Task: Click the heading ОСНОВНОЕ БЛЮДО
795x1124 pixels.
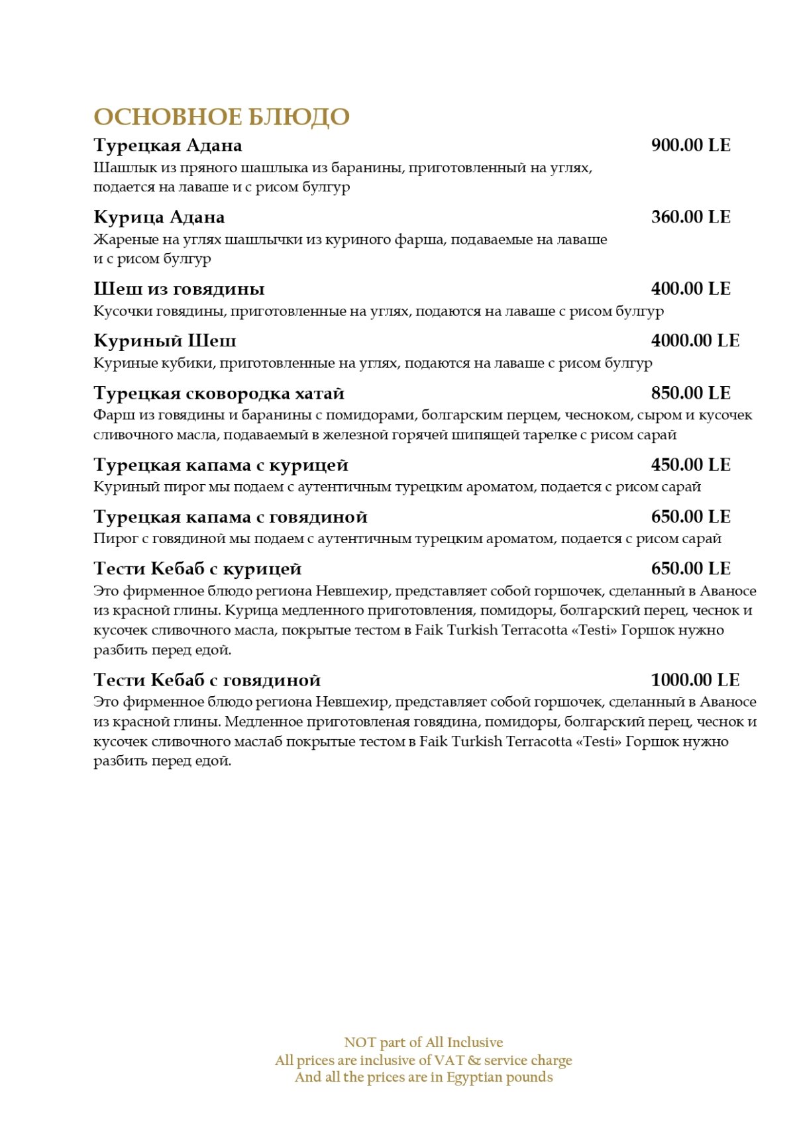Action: click(x=221, y=117)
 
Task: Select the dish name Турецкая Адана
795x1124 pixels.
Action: click(x=168, y=145)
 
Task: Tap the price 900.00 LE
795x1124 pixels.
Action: click(x=690, y=145)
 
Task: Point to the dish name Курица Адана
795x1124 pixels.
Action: click(x=159, y=217)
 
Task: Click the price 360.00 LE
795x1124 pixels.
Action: click(x=690, y=217)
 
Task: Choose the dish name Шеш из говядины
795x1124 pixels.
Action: click(x=179, y=289)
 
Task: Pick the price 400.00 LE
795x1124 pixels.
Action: click(x=690, y=289)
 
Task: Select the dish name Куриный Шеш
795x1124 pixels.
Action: click(x=164, y=340)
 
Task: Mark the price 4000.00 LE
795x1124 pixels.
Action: click(x=695, y=340)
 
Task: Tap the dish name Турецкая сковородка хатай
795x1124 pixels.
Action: click(x=219, y=393)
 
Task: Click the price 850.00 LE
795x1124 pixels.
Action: click(x=690, y=393)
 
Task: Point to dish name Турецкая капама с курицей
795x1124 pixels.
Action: click(x=221, y=465)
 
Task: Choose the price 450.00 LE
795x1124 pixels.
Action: click(x=690, y=465)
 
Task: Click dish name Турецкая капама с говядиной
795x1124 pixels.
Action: click(x=230, y=517)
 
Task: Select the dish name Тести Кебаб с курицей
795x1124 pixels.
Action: click(x=197, y=568)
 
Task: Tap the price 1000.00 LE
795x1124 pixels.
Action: click(x=695, y=680)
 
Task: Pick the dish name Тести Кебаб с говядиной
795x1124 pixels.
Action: click(x=207, y=680)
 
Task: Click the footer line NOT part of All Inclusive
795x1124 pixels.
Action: click(x=423, y=1043)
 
